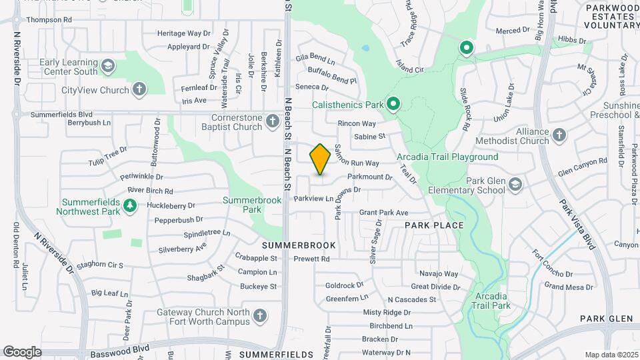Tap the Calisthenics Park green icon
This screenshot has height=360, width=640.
tap(393, 104)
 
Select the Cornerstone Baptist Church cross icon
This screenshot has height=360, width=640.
tap(272, 121)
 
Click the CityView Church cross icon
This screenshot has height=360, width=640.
tap(139, 89)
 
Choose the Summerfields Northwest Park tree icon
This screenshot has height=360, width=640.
tap(131, 207)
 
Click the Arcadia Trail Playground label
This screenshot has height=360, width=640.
tap(447, 157)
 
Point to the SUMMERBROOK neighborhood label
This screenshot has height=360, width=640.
tap(303, 246)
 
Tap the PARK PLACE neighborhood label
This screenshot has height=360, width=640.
tap(434, 225)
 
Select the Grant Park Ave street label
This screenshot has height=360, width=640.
tap(383, 213)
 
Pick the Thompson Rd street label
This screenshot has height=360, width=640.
tap(49, 20)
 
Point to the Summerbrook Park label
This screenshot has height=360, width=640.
tap(241, 204)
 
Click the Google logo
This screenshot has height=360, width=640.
tap(21, 351)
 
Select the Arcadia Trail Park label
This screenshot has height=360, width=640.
tap(493, 301)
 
